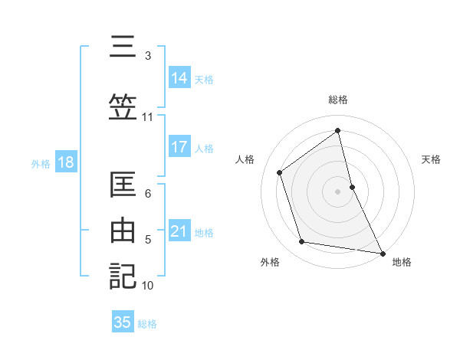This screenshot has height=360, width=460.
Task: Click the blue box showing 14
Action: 179,78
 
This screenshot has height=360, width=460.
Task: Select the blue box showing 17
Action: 179,147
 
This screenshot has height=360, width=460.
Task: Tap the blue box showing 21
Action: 179,231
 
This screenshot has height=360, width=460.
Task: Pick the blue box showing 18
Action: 65,162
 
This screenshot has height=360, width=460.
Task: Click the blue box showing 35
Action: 123,322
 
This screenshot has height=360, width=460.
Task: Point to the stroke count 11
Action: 148,117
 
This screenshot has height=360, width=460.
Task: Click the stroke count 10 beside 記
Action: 148,286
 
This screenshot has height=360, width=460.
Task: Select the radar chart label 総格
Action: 338,100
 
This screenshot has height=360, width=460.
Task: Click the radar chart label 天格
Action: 432,159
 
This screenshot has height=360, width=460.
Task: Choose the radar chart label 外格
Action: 270,263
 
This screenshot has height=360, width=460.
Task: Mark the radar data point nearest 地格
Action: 382,252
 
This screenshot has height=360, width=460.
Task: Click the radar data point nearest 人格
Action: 280,172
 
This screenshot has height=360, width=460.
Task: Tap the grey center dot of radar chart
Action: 338,191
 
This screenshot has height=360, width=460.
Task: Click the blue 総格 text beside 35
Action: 147,324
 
